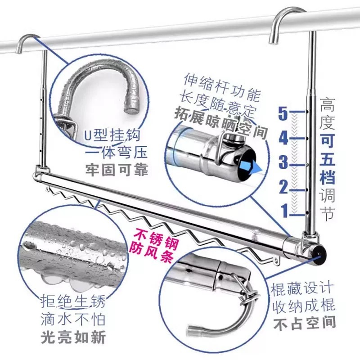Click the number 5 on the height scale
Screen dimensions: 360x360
(x=283, y=114)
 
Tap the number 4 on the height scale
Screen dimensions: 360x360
(x=283, y=138)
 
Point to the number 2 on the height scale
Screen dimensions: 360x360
(x=283, y=186)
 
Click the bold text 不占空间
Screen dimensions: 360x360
(x=304, y=322)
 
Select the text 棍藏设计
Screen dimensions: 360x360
(x=303, y=288)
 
